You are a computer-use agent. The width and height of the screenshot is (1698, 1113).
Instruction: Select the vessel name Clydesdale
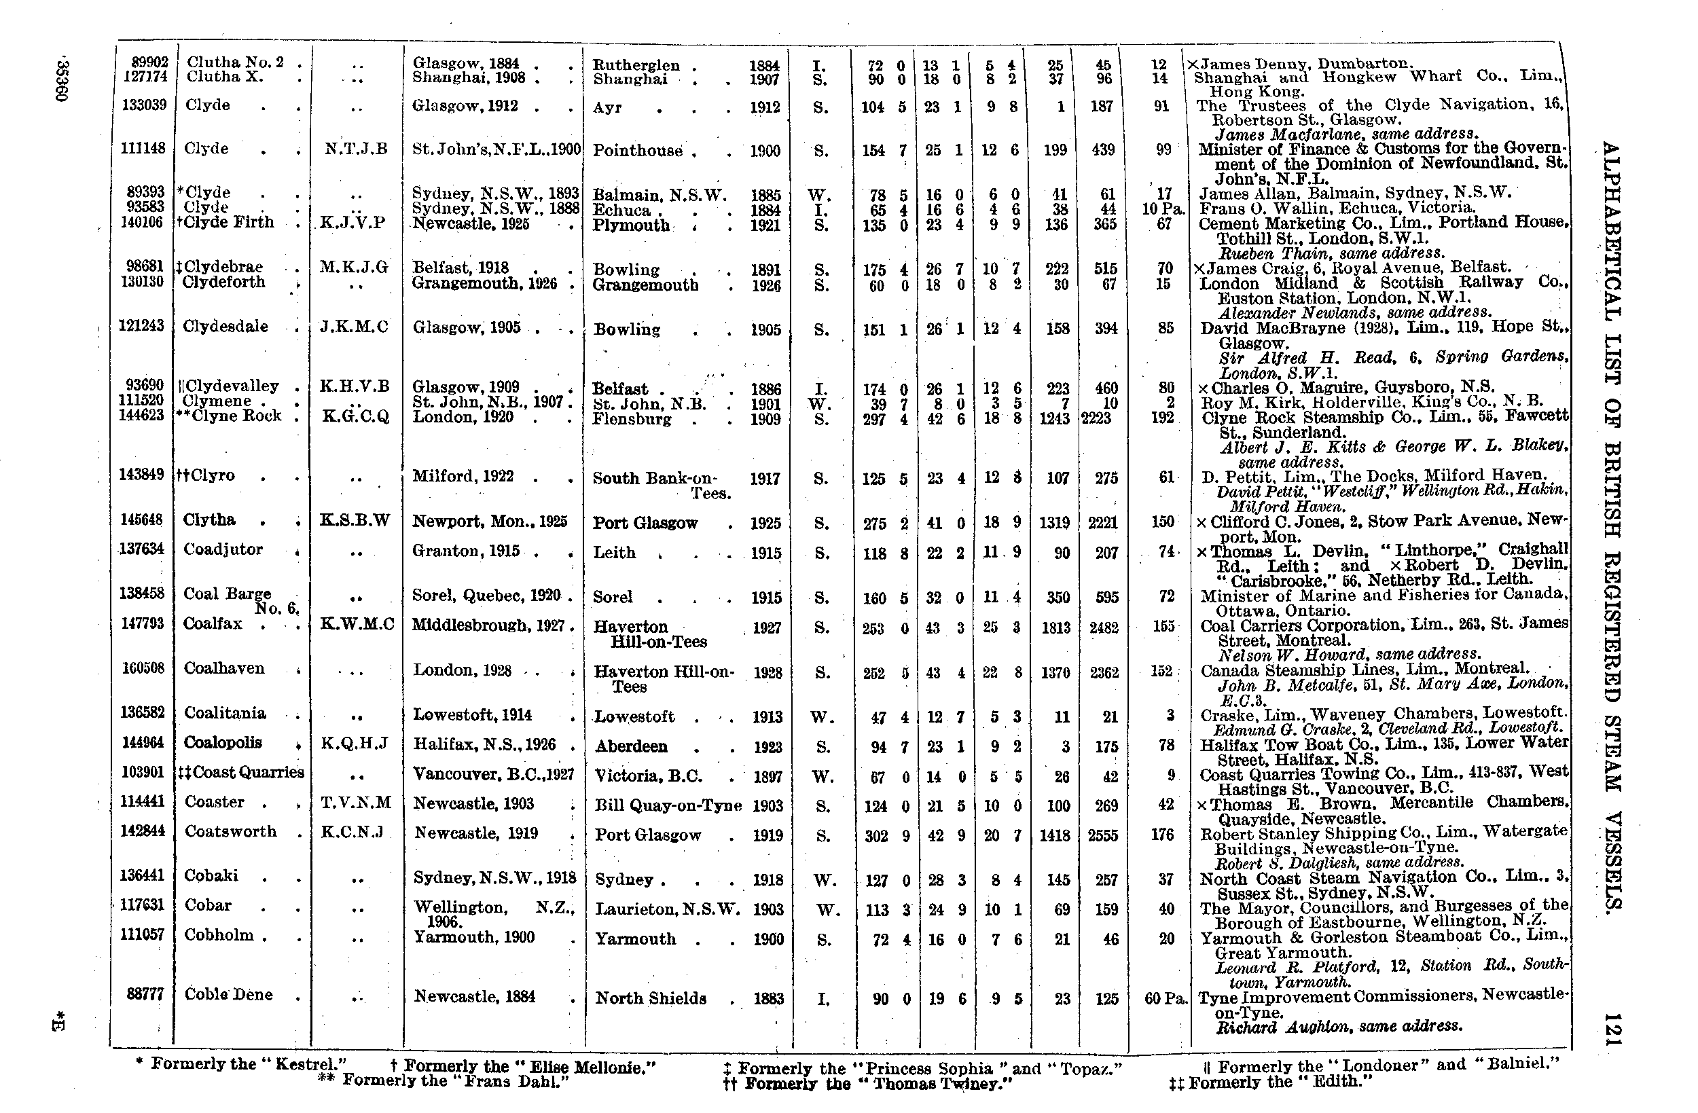[x=225, y=327]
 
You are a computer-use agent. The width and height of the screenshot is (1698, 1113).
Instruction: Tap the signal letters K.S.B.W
[x=355, y=520]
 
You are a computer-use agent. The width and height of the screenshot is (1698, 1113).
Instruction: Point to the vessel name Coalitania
[x=225, y=714]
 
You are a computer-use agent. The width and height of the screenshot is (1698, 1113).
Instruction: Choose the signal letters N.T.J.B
[x=355, y=149]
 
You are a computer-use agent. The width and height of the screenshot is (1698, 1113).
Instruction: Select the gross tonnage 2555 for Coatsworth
[x=1102, y=835]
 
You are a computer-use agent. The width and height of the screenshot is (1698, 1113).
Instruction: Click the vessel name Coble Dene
[x=228, y=995]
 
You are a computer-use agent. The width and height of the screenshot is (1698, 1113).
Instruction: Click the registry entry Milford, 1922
[x=463, y=477]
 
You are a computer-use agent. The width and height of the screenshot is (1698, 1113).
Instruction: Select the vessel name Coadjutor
[x=223, y=549]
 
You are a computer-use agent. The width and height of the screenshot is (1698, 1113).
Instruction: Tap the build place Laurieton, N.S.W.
[x=667, y=910]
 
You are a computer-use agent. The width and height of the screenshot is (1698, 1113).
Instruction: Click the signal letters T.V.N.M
[x=356, y=803]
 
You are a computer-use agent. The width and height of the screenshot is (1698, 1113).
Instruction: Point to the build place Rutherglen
[x=636, y=66]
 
